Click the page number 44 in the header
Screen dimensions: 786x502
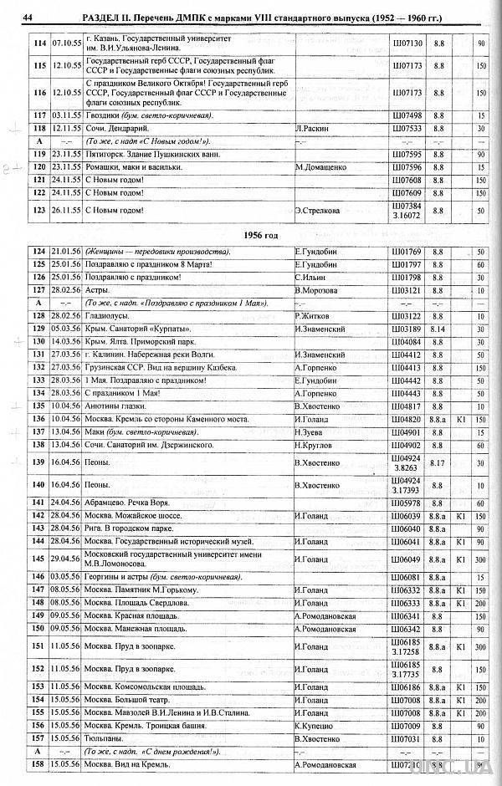(x=28, y=18)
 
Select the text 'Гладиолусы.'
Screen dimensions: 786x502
(x=111, y=316)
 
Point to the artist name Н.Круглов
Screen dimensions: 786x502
(x=314, y=446)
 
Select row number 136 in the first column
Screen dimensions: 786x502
(x=38, y=419)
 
